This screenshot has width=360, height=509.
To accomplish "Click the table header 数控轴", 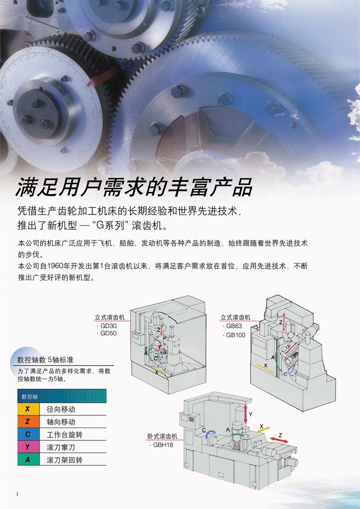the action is pyautogui.click(x=30, y=397).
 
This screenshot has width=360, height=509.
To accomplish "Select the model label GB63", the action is pyautogui.click(x=234, y=326).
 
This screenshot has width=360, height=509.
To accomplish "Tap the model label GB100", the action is pyautogui.click(x=236, y=335).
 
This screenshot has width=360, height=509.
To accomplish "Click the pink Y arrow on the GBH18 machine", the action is pyautogui.click(x=245, y=414).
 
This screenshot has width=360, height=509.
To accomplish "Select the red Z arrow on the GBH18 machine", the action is pyautogui.click(x=279, y=440).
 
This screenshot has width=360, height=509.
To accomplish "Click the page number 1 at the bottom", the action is pyautogui.click(x=17, y=494).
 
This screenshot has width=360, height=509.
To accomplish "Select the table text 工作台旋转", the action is pyautogui.click(x=64, y=434).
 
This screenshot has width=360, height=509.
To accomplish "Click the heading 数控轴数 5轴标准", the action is pyautogui.click(x=45, y=360).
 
